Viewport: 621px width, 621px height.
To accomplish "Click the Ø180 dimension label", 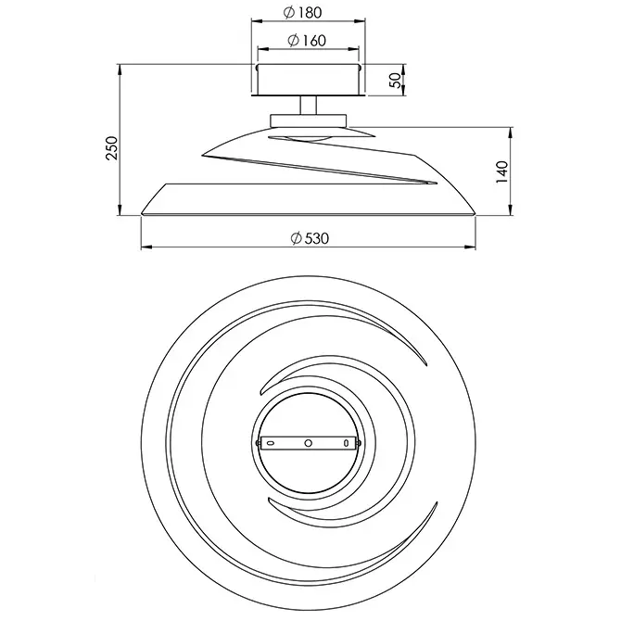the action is pyautogui.click(x=302, y=12).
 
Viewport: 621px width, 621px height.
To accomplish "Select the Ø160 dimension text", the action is pyautogui.click(x=307, y=40).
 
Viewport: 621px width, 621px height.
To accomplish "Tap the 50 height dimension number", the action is pyautogui.click(x=395, y=81).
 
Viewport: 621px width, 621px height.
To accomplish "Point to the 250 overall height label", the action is pyautogui.click(x=112, y=147).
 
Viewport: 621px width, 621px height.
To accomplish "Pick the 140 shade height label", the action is pyautogui.click(x=501, y=171).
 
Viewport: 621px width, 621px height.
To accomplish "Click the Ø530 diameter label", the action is pyautogui.click(x=310, y=238).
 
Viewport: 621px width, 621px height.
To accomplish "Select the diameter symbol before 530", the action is pyautogui.click(x=297, y=238).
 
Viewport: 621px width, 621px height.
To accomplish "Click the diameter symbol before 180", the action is pyautogui.click(x=289, y=12).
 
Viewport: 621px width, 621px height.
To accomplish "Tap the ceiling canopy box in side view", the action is pyautogui.click(x=308, y=79).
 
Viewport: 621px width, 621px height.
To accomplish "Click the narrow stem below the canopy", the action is pyautogui.click(x=308, y=106).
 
